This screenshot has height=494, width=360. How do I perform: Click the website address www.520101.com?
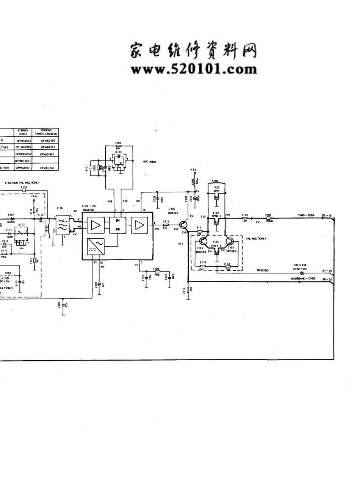click(x=194, y=69)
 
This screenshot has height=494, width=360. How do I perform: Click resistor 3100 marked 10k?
click(x=118, y=146)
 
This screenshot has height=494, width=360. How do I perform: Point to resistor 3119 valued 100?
click(x=244, y=218)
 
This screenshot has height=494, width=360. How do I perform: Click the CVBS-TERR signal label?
click(x=306, y=216)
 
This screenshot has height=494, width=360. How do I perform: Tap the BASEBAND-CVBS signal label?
click(x=303, y=278)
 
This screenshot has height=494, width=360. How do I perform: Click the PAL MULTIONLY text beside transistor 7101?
click(x=257, y=239)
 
